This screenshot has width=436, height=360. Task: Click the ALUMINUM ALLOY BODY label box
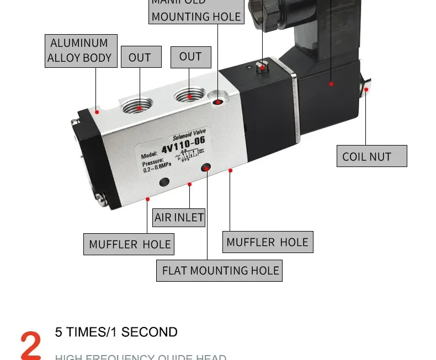pos(81,51)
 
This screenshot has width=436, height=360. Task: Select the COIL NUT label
pos(371,156)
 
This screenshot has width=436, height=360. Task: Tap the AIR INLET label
pos(179,217)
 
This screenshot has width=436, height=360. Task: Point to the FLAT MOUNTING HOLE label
pos(219,271)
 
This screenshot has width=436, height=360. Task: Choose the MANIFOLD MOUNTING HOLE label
pos(196,11)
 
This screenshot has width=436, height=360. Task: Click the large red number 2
pos(31,345)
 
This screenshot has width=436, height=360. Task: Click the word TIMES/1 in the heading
pos(94,332)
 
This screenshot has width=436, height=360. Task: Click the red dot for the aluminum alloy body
pos(97,112)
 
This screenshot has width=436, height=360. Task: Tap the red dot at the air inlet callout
pos(189,184)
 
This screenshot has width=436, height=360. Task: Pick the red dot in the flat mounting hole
pos(207,168)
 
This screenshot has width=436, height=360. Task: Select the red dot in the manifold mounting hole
pos(219,101)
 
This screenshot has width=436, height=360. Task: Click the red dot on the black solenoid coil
pos(332,84)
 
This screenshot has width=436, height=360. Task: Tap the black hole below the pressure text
pos(164,182)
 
